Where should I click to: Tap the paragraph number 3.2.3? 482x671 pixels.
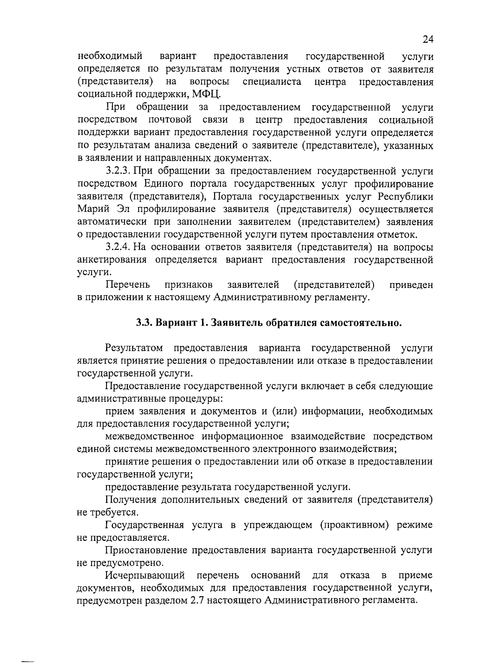pos(117,171)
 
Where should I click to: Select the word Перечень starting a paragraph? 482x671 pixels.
pos(128,285)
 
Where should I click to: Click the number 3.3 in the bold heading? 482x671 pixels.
pos(143,323)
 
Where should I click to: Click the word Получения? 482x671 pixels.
pos(130,500)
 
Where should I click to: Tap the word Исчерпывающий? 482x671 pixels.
pos(145,575)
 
